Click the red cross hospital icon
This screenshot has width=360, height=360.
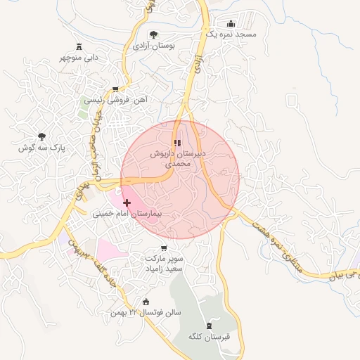tap(127, 202)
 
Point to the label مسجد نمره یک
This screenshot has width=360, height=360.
tap(231, 34)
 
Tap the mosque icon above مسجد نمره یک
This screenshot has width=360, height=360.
tap(231, 23)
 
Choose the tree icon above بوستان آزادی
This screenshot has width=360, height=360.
tap(154, 34)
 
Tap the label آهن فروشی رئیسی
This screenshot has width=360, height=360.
tap(115, 101)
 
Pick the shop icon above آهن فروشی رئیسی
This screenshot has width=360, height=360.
tap(115, 89)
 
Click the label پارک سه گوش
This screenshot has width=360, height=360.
tap(41, 148)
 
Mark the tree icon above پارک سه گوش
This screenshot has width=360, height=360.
tap(41, 136)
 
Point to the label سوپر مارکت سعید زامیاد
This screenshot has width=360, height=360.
tap(164, 263)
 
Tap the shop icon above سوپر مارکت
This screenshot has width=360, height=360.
tap(164, 247)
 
